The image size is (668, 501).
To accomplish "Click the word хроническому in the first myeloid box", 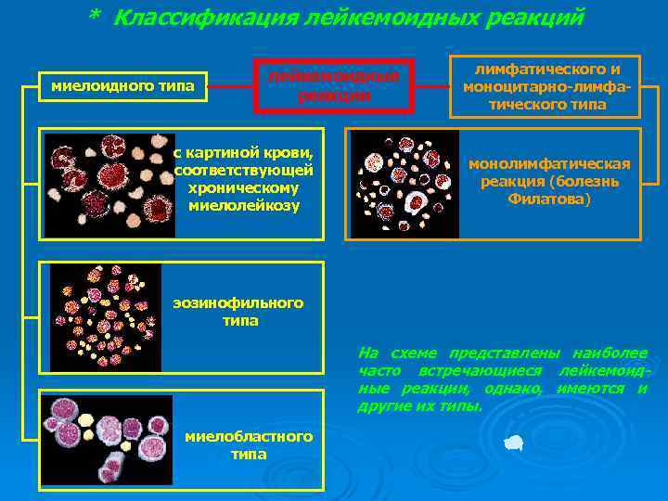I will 244,187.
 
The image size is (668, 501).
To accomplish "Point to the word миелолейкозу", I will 244,205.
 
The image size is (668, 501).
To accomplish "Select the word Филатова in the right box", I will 548,199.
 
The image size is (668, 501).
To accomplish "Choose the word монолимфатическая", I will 548,164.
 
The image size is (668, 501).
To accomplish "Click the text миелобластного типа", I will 249,445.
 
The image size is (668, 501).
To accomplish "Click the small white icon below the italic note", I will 513,444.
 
